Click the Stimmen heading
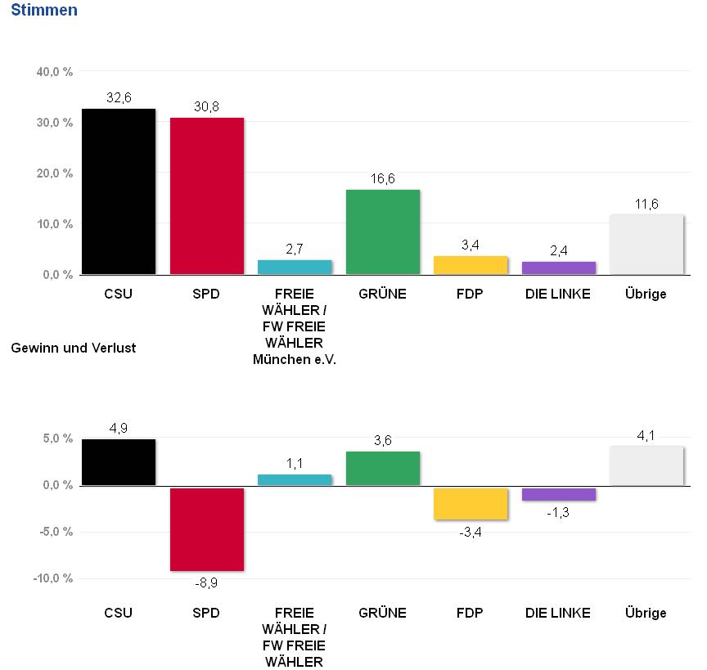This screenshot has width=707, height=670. tap(44, 11)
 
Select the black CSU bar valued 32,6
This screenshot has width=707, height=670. tap(119, 191)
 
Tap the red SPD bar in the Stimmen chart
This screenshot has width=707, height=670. tap(207, 196)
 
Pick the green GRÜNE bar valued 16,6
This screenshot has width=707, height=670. tap(383, 232)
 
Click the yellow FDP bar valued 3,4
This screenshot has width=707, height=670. tap(471, 265)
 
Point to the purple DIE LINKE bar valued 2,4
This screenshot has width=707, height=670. tap(559, 268)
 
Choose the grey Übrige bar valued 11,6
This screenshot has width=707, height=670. tap(646, 245)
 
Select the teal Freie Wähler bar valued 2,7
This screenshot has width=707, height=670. tap(295, 267)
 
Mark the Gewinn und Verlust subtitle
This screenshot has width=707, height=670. tap(74, 348)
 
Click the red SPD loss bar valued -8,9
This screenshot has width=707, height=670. tap(207, 529)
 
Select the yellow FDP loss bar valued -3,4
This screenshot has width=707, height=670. tap(471, 503)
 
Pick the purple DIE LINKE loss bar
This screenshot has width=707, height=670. tap(559, 494)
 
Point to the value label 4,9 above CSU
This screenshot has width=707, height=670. tap(119, 427)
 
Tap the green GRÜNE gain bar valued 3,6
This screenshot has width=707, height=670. tap(383, 468)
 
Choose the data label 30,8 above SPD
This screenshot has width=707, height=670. tap(207, 106)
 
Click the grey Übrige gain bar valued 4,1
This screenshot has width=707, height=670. tap(646, 465)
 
